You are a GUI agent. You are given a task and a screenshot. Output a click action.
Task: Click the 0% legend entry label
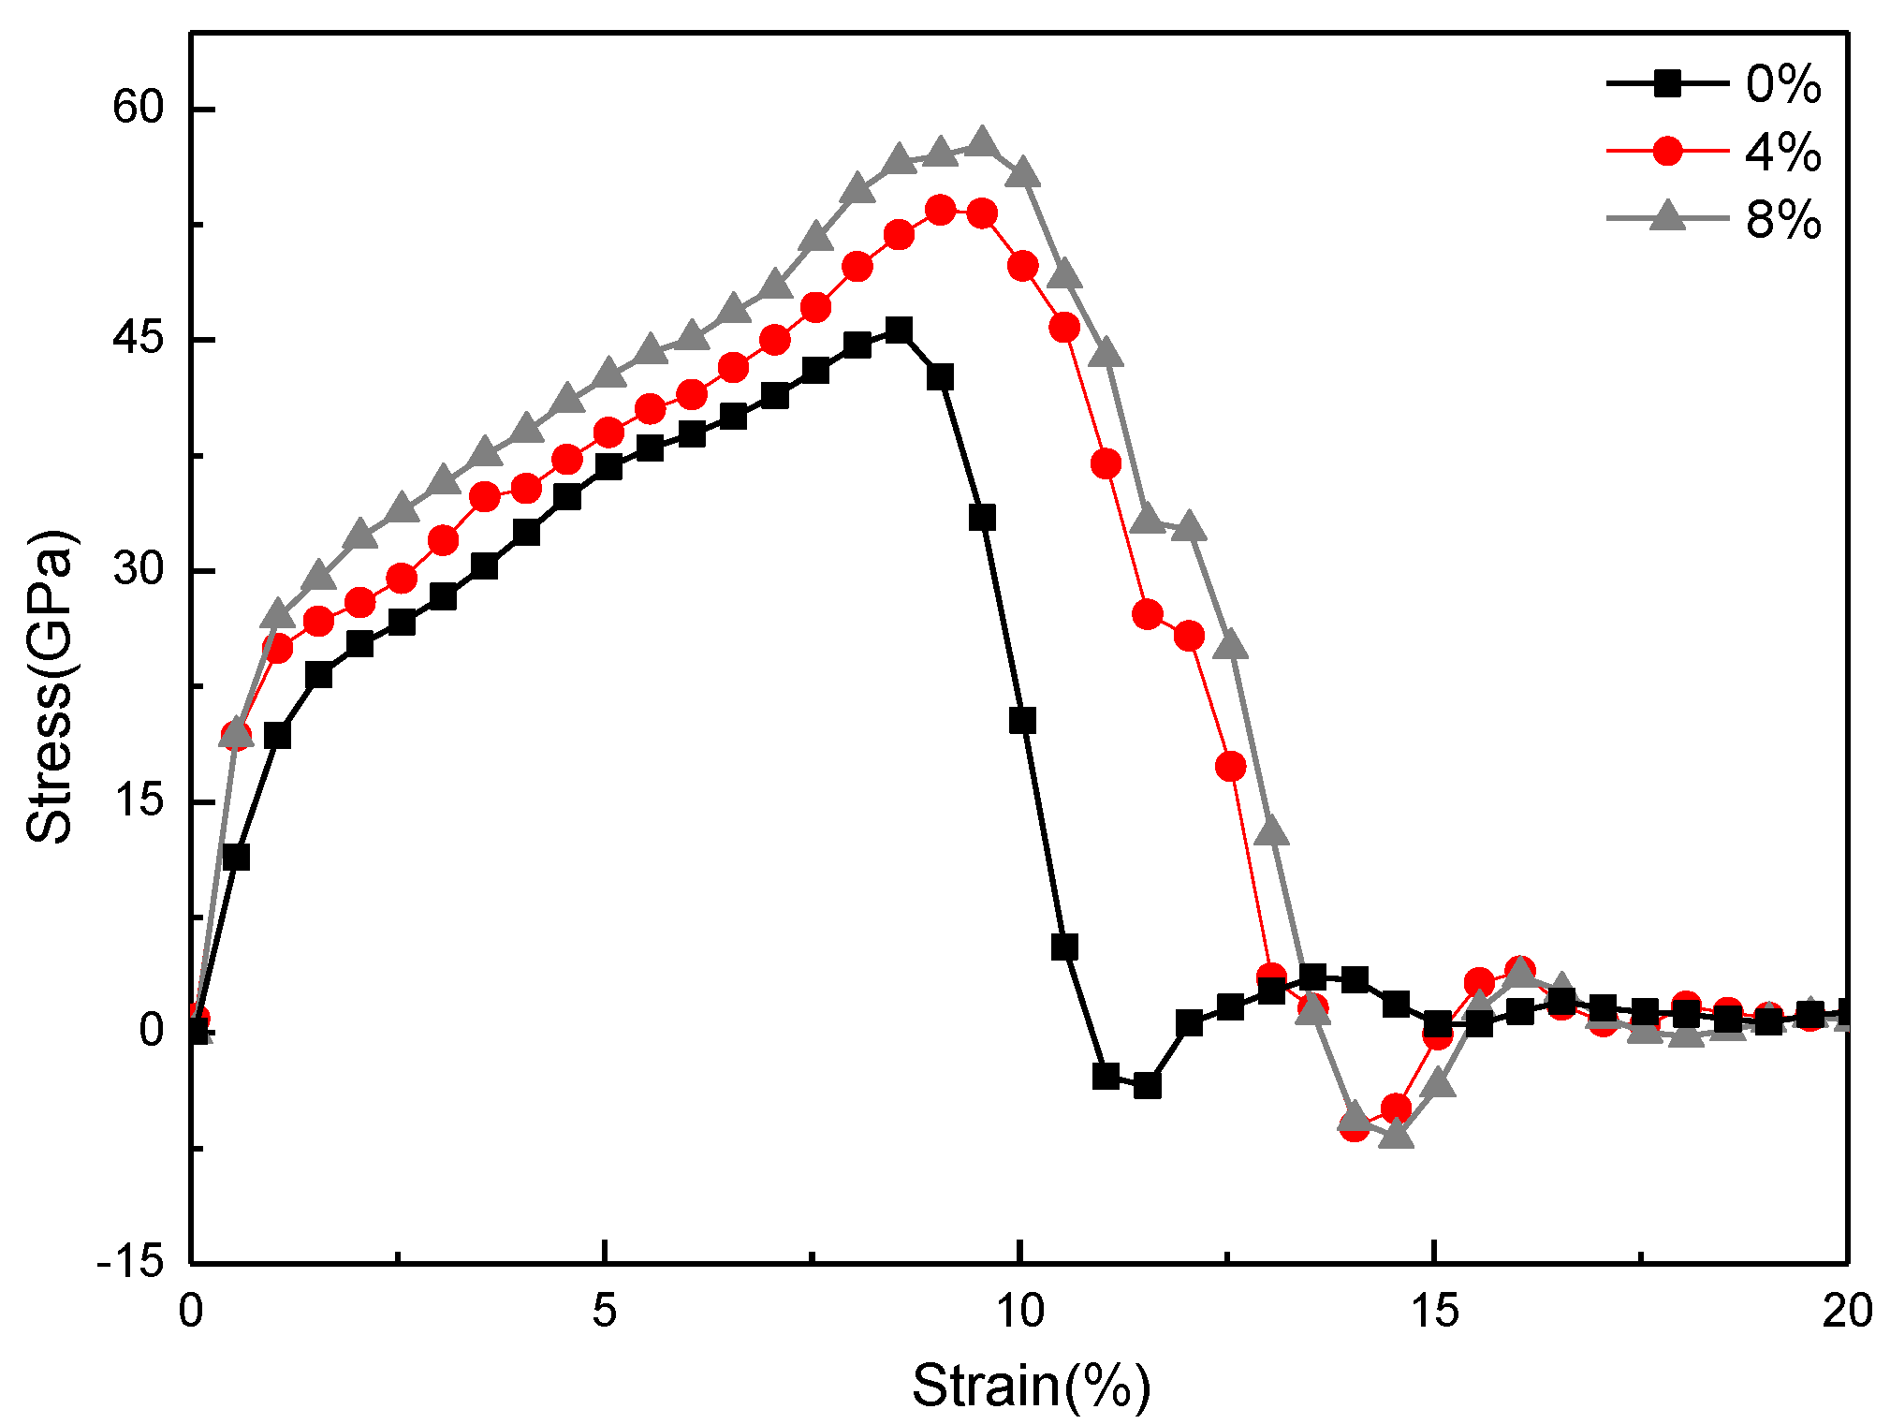click(x=1782, y=84)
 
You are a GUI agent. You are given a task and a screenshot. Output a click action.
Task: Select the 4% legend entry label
click(x=1782, y=152)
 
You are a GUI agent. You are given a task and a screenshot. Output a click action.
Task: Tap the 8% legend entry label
click(x=1782, y=220)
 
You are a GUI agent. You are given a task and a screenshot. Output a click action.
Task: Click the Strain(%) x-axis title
click(x=1031, y=1386)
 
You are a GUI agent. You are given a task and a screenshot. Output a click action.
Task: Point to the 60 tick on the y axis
click(x=138, y=108)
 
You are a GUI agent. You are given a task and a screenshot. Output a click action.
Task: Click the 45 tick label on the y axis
click(x=138, y=339)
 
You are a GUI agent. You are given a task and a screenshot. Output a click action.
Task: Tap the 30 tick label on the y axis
click(x=138, y=569)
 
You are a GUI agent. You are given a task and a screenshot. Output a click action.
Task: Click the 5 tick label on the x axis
click(x=605, y=1311)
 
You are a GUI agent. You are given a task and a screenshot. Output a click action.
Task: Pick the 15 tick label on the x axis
click(x=1434, y=1311)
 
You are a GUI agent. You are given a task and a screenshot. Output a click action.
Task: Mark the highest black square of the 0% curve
click(x=899, y=330)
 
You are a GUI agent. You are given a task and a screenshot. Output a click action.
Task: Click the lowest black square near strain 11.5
click(x=1147, y=1086)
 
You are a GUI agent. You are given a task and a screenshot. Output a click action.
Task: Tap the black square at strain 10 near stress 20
click(x=1022, y=721)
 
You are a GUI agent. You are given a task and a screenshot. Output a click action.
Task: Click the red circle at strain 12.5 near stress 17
click(x=1230, y=767)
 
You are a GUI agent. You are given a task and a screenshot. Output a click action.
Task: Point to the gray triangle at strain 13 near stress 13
click(x=1271, y=830)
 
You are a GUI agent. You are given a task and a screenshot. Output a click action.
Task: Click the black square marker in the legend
click(x=1666, y=84)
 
